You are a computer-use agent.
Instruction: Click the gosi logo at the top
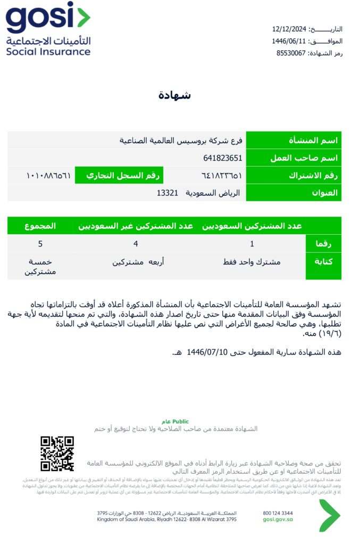[48, 29]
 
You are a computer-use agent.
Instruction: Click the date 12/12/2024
[289, 29]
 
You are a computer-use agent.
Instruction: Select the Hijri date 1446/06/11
[289, 41]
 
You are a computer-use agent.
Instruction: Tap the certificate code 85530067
[291, 53]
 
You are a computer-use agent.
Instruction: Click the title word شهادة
[175, 96]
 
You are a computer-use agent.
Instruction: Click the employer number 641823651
[223, 158]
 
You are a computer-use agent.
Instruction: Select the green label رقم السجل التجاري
[118, 175]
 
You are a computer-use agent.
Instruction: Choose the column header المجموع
[40, 226]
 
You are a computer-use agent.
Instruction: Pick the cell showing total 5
[40, 244]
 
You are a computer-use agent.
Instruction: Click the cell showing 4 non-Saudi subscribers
[136, 244]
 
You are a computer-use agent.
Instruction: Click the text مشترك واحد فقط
[252, 262]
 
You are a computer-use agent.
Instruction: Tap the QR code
[57, 454]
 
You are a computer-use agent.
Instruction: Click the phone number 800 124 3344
[278, 513]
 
